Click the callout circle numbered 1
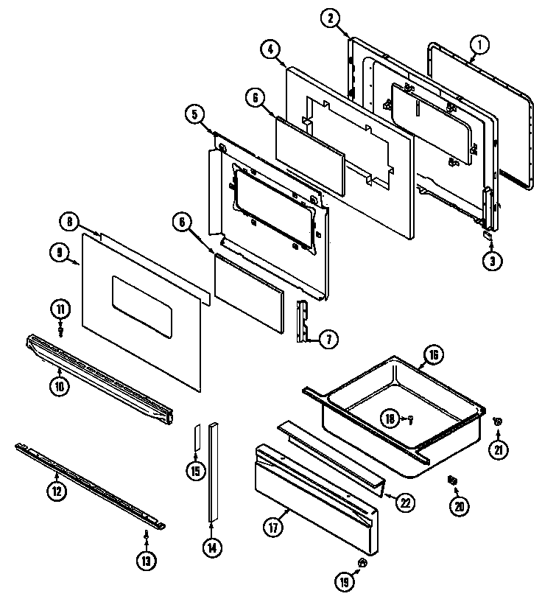[479, 45]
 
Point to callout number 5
[194, 113]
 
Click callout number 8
[68, 221]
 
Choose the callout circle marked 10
[60, 384]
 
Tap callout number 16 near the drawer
[433, 355]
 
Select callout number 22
[404, 503]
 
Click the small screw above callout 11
[61, 329]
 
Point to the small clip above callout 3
[487, 235]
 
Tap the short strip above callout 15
[197, 439]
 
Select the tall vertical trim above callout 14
[214, 472]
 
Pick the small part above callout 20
[451, 480]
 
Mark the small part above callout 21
[497, 421]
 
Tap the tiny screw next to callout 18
[411, 420]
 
